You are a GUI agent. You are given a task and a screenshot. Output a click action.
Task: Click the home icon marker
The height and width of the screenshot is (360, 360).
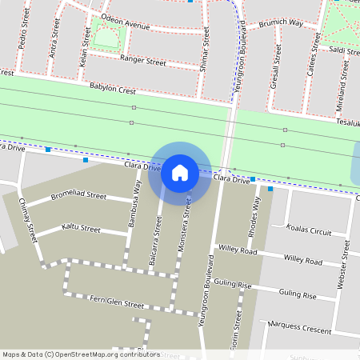click(180, 173)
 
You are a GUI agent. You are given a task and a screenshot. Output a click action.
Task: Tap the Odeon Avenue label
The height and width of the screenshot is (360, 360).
click(126, 26)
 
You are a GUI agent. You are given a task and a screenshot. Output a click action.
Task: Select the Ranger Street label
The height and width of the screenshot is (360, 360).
click(142, 61)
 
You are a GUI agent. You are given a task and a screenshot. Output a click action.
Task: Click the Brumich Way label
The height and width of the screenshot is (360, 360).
click(282, 24)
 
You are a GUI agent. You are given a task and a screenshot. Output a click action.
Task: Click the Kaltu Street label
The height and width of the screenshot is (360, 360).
click(81, 230)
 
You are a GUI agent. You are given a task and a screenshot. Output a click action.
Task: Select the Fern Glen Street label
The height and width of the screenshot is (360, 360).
click(117, 305)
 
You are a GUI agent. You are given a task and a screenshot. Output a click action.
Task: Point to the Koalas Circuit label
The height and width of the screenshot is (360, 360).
click(309, 229)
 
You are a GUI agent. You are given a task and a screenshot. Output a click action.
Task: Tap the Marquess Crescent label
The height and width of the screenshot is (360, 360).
click(300, 326)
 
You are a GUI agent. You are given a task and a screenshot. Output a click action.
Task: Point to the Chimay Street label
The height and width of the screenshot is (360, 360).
click(28, 220)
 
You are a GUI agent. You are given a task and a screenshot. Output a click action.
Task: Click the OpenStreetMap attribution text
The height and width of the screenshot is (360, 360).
click(81, 354)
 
